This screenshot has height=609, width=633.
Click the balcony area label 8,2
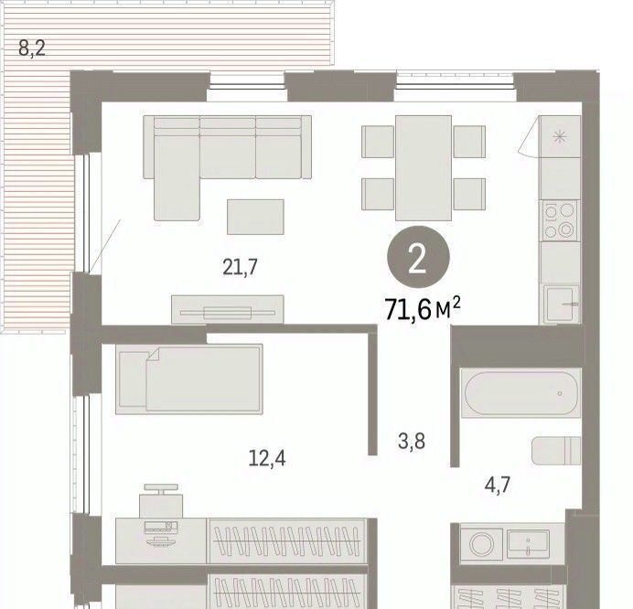pos(32,48)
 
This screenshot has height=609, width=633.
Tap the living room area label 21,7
pos(240,267)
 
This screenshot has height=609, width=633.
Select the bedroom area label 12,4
pos(267,458)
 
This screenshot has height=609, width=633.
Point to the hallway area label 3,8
pos(412,441)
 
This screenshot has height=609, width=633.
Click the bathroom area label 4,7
pos(498,485)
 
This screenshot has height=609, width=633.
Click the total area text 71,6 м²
pos(423,309)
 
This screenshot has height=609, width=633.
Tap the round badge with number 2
pos(418,257)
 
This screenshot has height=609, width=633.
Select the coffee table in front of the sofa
pos(255,217)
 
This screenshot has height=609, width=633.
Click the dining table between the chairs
pos(424,168)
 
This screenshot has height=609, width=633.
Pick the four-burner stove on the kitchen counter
pos(560,220)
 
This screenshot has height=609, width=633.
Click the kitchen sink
pos(561,304)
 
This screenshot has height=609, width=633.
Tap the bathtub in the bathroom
pos(520,392)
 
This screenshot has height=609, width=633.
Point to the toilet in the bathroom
pos(556,451)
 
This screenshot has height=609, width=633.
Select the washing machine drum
pos(481,544)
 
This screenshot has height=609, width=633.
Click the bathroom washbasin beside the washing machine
pos(528,541)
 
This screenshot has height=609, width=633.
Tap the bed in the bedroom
pos(189,379)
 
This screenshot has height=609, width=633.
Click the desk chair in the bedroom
pos(161,501)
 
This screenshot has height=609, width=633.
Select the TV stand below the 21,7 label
pos(227,310)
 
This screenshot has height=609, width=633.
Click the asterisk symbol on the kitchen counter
pos(560,137)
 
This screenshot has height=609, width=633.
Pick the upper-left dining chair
pos(378,141)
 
